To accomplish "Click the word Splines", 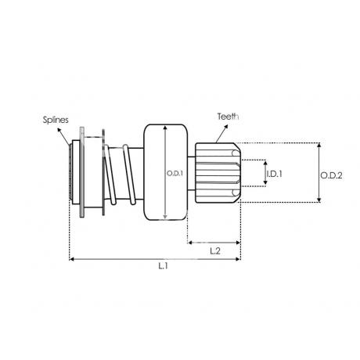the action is [56, 120].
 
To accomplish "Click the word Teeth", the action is [229, 117].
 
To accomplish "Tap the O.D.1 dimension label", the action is [175, 174].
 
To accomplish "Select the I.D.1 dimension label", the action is [275, 174].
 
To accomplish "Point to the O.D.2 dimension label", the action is [331, 175].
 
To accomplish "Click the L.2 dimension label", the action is [215, 251].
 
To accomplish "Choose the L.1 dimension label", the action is [163, 266].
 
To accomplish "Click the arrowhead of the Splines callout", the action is [59, 130].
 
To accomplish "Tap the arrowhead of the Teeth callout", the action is [226, 126].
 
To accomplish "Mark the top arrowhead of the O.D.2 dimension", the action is [319, 145].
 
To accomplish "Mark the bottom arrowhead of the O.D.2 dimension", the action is [319, 200].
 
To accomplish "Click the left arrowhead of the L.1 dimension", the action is [72, 259].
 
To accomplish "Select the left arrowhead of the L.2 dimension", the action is [190, 243].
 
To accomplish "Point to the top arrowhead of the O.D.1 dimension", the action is [165, 128].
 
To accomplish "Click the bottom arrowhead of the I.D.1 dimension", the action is [265, 182].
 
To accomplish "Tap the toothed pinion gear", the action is [218, 172].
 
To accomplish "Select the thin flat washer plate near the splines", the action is [82, 172].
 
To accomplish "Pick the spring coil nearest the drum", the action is [129, 175].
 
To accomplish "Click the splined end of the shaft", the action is [70, 171].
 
